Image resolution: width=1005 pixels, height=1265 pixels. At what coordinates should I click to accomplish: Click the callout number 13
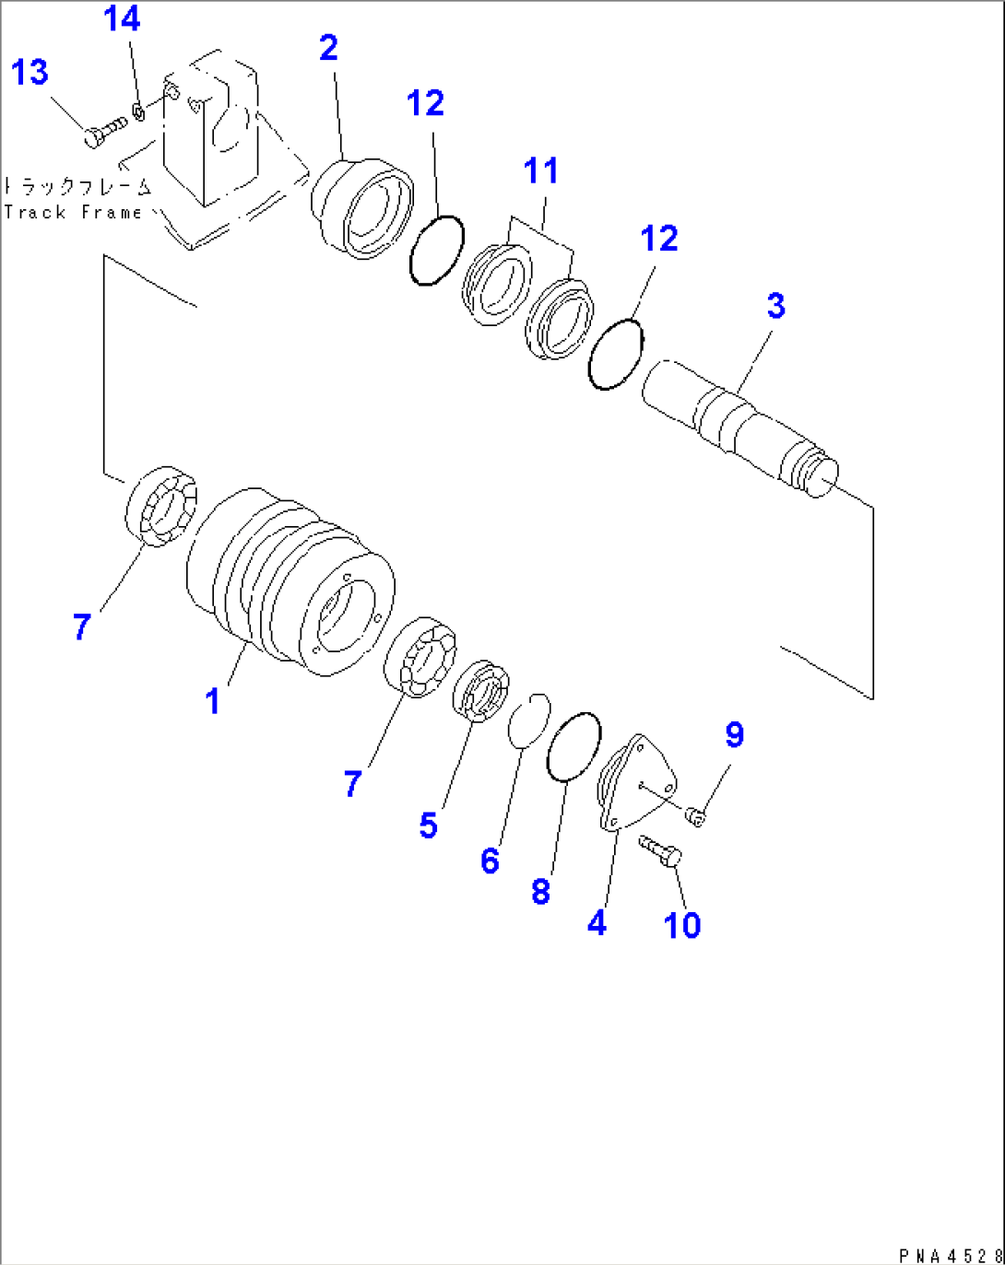click(30, 72)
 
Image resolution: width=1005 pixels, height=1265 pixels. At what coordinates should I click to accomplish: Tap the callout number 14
click(122, 18)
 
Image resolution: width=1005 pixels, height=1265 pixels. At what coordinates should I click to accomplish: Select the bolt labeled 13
click(103, 132)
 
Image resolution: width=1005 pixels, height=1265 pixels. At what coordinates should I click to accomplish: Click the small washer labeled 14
click(138, 111)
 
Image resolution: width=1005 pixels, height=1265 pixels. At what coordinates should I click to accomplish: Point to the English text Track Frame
click(73, 212)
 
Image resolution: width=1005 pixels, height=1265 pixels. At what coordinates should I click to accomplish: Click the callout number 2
click(328, 48)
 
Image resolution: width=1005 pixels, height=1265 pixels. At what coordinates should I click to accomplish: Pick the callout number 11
click(541, 170)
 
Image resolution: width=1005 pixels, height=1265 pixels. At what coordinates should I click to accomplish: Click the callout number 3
click(775, 305)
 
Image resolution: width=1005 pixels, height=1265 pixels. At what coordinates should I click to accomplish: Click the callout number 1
click(213, 701)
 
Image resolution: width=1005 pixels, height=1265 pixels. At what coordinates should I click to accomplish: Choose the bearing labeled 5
click(480, 692)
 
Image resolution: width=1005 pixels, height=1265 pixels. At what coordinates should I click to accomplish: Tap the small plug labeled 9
click(697, 814)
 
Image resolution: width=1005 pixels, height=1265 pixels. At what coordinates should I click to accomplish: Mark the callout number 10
click(682, 925)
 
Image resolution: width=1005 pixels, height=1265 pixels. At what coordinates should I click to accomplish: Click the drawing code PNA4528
click(950, 1255)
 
